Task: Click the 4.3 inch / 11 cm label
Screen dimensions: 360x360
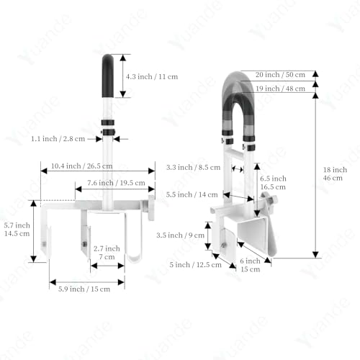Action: pyautogui.click(x=152, y=77)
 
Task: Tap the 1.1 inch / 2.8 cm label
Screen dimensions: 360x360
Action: pyautogui.click(x=58, y=139)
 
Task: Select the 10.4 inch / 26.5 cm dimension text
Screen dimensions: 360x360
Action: pyautogui.click(x=81, y=166)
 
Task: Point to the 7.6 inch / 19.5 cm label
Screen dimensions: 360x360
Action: pyautogui.click(x=116, y=183)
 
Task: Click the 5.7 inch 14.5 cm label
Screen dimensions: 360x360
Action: pyautogui.click(x=17, y=229)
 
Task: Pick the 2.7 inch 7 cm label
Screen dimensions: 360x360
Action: pyautogui.click(x=107, y=253)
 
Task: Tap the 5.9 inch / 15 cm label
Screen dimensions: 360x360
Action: pyautogui.click(x=84, y=289)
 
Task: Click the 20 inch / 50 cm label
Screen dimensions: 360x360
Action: pyautogui.click(x=280, y=75)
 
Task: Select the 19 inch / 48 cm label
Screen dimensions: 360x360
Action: pyautogui.click(x=280, y=89)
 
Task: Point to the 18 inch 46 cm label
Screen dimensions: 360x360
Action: pyautogui.click(x=335, y=174)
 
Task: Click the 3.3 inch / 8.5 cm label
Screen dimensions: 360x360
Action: pyautogui.click(x=193, y=167)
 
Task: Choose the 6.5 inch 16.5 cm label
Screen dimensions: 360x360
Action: pyautogui.click(x=273, y=183)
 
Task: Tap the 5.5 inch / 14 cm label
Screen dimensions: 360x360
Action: pyautogui.click(x=192, y=194)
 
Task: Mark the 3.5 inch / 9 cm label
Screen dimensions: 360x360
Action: pyautogui.click(x=180, y=235)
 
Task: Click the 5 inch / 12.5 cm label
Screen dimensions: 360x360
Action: pyautogui.click(x=195, y=265)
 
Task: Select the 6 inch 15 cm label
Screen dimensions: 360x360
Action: pyautogui.click(x=250, y=265)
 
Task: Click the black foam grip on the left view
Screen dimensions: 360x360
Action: pyautogui.click(x=108, y=76)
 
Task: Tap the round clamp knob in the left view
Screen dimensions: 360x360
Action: pyautogui.click(x=151, y=208)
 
